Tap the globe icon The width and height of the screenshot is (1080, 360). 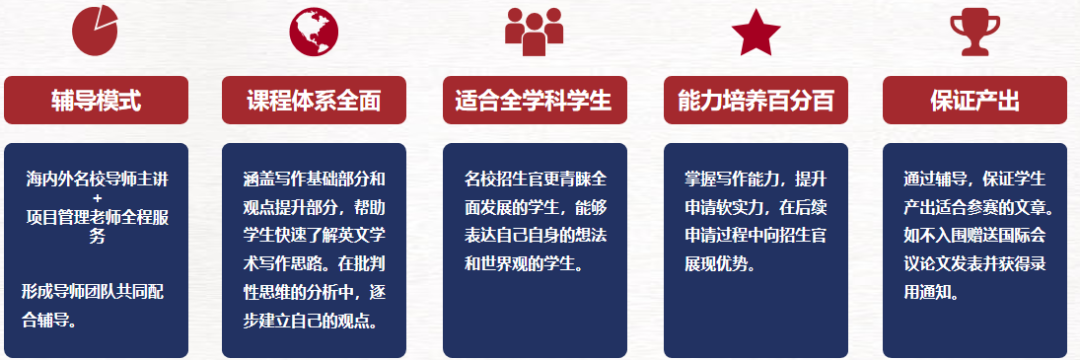click(314, 32)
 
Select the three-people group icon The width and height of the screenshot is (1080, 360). click(534, 32)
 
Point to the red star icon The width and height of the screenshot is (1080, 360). click(755, 32)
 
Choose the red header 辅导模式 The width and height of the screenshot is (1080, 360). click(96, 100)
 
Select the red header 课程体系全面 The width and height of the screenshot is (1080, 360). click(314, 100)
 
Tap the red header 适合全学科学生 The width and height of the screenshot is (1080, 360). click(534, 100)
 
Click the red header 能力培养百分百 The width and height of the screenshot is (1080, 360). click(755, 100)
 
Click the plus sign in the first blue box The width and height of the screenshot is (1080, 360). click(97, 199)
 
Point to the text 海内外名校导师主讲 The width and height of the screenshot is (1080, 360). click(97, 181)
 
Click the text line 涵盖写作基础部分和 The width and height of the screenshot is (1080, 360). click(314, 181)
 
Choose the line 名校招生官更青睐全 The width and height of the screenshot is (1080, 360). click(535, 181)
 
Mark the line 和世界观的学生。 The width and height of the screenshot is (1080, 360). click(523, 265)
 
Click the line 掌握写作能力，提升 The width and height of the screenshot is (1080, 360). click(755, 181)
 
